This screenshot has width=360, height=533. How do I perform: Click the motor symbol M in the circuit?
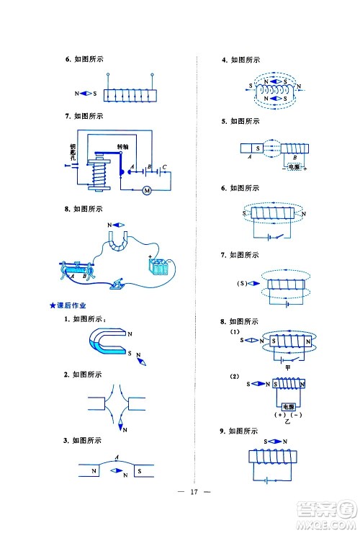(x=147, y=190)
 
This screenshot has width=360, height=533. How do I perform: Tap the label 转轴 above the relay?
(x=123, y=146)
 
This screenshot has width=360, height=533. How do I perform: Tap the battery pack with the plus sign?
(x=158, y=268)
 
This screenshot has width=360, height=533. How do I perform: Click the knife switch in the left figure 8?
(x=116, y=286)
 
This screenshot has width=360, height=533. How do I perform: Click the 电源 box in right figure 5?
(x=293, y=167)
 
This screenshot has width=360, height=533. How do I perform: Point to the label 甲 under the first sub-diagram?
(x=287, y=368)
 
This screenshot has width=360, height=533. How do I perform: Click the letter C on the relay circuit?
(x=164, y=169)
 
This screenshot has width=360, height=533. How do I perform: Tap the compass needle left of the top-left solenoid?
(x=86, y=94)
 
